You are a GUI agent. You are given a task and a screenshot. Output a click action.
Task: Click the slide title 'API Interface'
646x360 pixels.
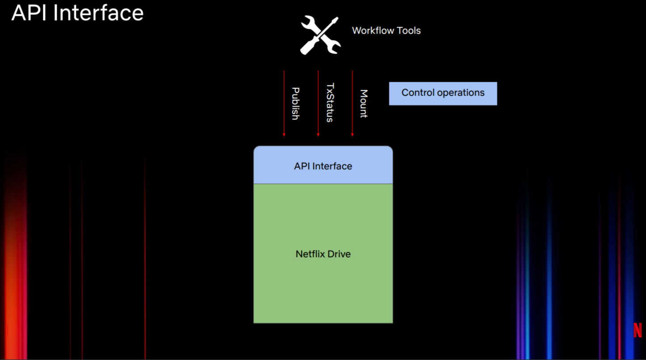point(77,13)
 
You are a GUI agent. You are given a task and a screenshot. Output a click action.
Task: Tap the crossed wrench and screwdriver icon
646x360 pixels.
point(320,35)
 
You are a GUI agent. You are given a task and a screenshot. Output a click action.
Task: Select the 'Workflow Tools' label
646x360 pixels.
point(386,30)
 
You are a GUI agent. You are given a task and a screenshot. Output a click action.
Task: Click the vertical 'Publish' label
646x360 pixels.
point(296,103)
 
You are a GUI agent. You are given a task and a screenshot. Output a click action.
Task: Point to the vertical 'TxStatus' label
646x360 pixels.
point(330,103)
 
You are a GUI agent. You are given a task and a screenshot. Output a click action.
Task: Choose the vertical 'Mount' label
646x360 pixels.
point(364,103)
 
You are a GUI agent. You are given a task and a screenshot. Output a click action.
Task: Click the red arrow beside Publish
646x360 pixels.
point(284,103)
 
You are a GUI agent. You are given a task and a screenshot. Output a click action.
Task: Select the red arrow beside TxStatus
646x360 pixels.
point(318,103)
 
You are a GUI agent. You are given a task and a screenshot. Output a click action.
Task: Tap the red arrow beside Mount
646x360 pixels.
point(352,103)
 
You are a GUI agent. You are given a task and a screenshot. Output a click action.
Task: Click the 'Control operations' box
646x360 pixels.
point(443,93)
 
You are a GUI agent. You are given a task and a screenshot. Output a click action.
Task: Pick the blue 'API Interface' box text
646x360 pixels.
point(323,166)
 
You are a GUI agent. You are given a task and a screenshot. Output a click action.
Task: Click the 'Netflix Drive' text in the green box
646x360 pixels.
point(323,254)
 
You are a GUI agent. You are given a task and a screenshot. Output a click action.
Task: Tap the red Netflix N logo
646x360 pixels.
point(638,330)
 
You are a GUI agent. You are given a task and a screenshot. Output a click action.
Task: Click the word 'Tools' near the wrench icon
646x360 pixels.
point(408,30)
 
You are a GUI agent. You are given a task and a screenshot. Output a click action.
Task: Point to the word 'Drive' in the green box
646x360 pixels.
point(339,254)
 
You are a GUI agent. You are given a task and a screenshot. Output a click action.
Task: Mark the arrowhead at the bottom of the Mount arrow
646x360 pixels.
point(352,135)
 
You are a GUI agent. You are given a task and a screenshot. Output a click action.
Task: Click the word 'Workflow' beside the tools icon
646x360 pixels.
point(373,30)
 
